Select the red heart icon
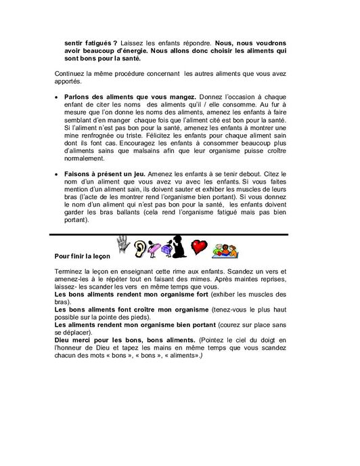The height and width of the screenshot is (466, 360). pyautogui.click(x=199, y=247)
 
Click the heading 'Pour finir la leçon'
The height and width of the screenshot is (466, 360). pyautogui.click(x=82, y=257)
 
